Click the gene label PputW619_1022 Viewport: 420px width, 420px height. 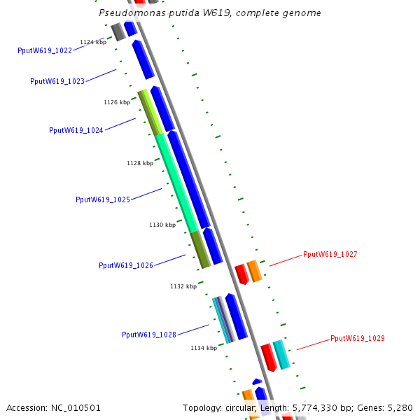(x=45, y=50)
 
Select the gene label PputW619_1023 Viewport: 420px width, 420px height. (x=57, y=81)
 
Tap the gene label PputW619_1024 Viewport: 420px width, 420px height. (x=76, y=130)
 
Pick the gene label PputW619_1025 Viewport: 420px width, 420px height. (x=103, y=199)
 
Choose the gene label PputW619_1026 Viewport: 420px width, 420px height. (x=126, y=265)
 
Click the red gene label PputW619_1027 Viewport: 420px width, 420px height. (x=330, y=254)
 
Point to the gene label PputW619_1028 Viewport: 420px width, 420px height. (x=149, y=335)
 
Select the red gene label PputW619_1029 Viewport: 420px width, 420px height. (x=358, y=338)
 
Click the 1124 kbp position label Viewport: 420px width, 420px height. (x=93, y=42)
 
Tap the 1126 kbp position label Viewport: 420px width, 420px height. (x=117, y=102)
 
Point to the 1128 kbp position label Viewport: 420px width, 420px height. (x=140, y=163)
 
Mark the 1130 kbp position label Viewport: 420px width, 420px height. (x=162, y=225)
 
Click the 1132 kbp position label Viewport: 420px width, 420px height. (x=183, y=286)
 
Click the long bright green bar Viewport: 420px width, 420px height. (x=176, y=182)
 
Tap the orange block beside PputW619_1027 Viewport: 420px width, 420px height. (x=254, y=271)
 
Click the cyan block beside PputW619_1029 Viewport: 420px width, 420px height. (x=281, y=354)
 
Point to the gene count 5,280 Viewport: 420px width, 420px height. (x=400, y=407)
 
